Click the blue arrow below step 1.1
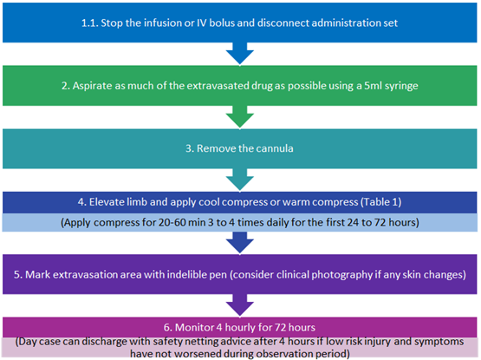(240, 54)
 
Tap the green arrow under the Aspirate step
(240, 117)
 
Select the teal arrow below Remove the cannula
(240, 180)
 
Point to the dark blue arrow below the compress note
(240, 243)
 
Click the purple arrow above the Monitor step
(240, 305)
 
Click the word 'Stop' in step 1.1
(110, 23)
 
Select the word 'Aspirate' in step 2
(93, 86)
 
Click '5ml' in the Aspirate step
(373, 86)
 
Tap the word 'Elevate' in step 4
(104, 202)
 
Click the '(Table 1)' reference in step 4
(380, 202)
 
